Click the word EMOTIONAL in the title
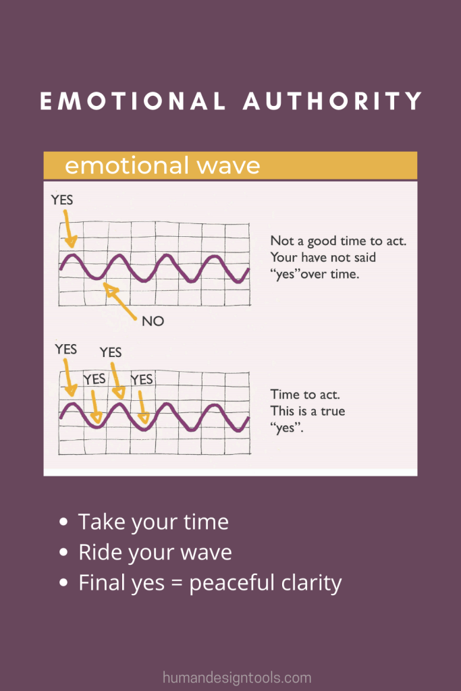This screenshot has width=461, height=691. pos(133,101)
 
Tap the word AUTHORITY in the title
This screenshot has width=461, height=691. pos(333,101)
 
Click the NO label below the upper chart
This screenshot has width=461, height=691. pos(153,321)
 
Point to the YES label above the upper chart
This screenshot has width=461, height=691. pos(62,200)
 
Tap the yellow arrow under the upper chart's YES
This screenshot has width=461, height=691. pos(69,229)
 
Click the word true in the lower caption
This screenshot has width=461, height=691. pos(333,411)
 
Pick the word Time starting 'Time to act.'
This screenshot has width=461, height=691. pos(283,394)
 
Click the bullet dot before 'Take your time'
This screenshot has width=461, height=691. pos(63,522)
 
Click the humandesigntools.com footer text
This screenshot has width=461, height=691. pos(237,678)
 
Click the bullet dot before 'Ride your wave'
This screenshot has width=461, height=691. pos(63,552)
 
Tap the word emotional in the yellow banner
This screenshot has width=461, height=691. pos(127,165)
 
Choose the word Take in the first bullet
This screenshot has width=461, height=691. pos(102,522)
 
